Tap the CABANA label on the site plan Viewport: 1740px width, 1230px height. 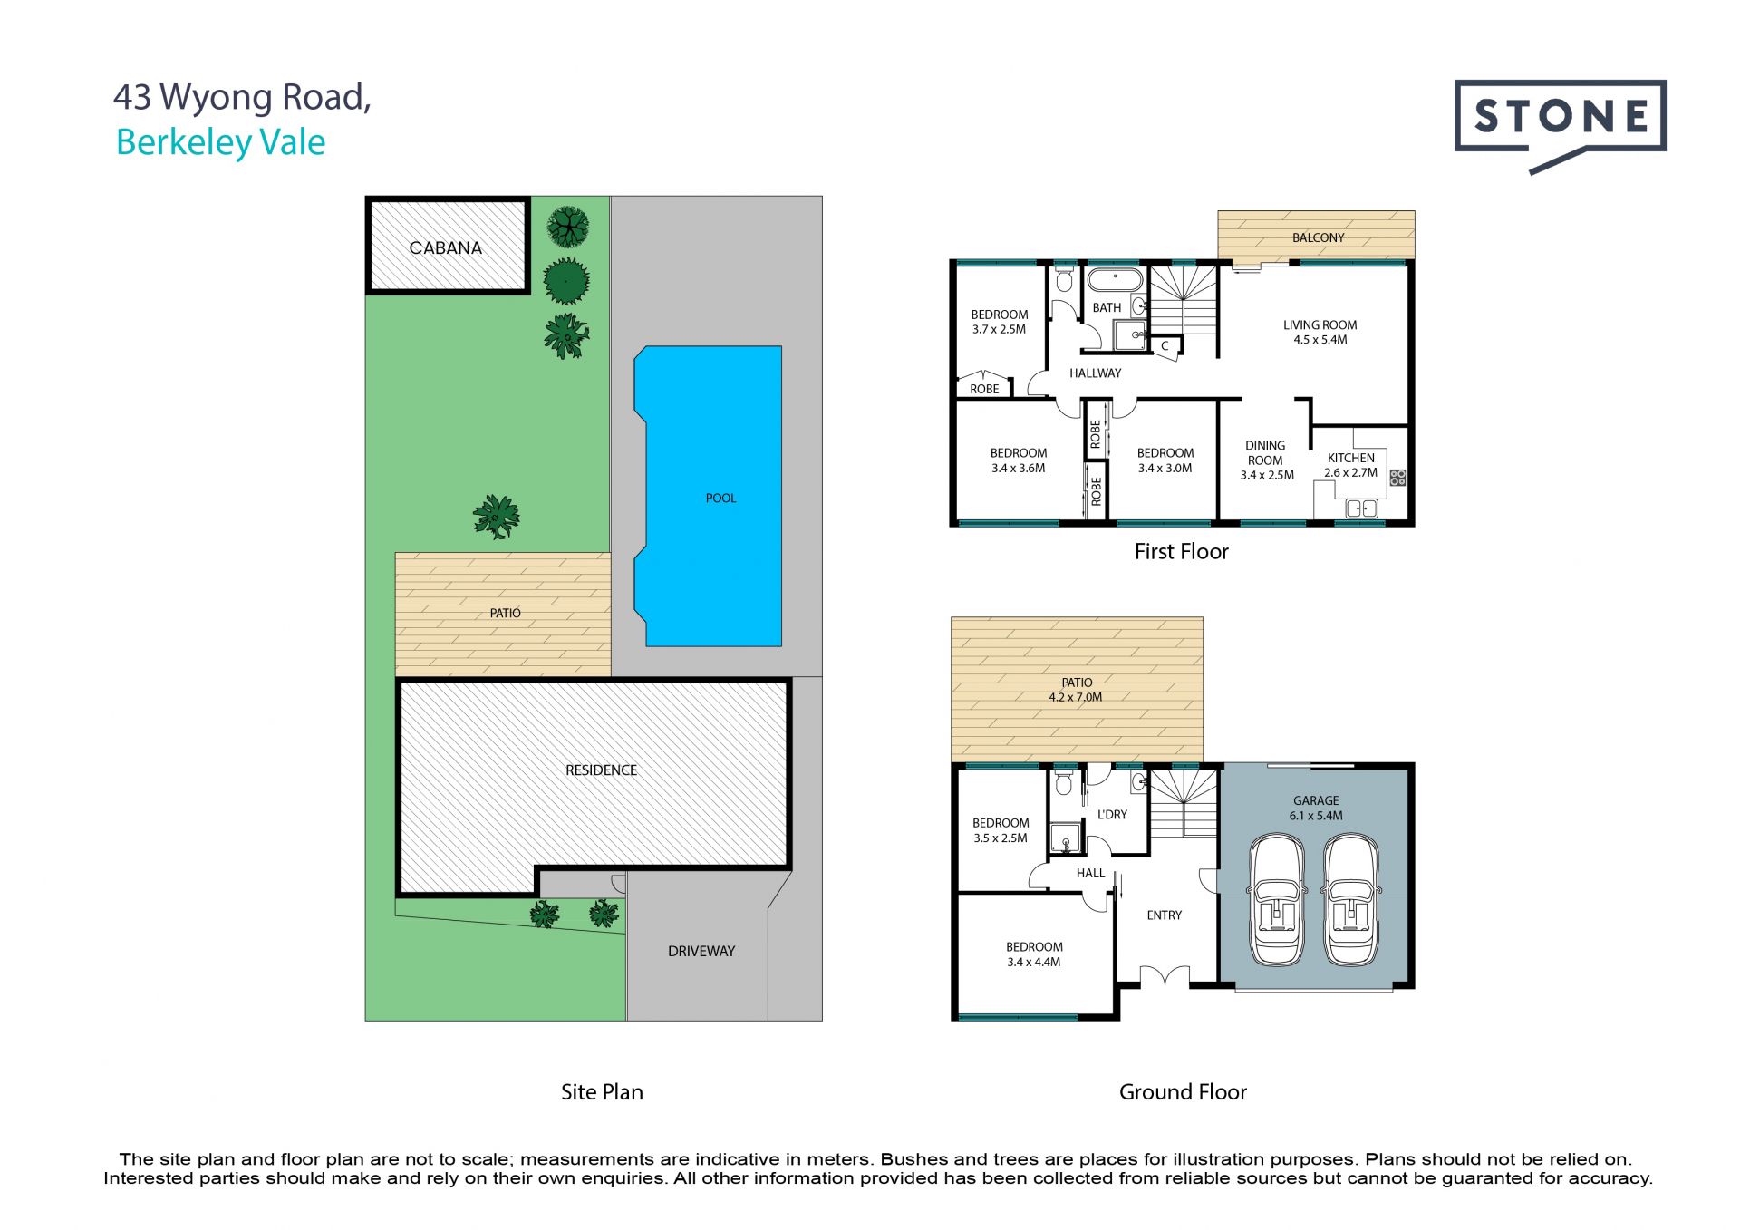coord(445,247)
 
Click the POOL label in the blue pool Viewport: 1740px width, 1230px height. coord(720,498)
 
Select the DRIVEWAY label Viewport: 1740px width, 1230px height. coord(701,951)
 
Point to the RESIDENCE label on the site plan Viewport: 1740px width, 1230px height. coord(601,770)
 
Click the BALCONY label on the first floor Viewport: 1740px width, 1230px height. coord(1318,237)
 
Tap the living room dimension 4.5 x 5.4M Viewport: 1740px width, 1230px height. coord(1319,340)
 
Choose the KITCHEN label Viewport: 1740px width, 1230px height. coord(1350,458)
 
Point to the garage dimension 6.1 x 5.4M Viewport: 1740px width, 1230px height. coord(1316,816)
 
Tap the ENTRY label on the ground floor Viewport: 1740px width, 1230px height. coord(1164,915)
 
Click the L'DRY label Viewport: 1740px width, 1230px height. coord(1112,814)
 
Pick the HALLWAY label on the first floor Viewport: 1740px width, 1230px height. coord(1095,373)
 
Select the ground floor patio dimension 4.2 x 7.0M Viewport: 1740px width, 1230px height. coord(1076,697)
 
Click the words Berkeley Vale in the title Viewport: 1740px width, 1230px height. coord(221,142)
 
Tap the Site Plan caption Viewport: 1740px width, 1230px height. coord(602,1092)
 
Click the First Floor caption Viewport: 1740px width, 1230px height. coord(1181,551)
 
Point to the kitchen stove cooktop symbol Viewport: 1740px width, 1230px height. coord(1397,476)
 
